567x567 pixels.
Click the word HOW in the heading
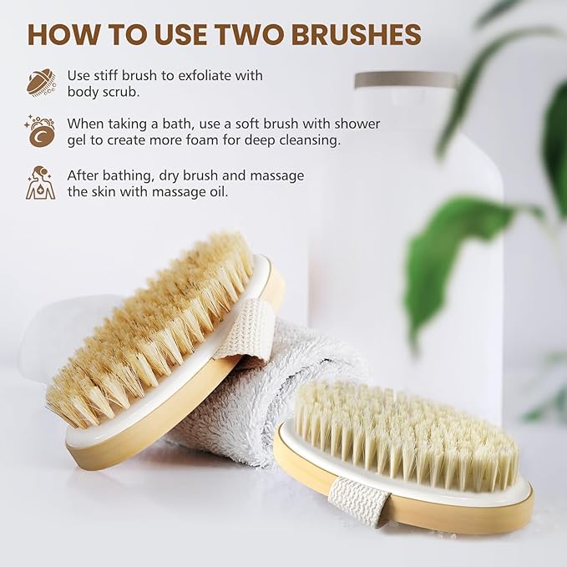click(63, 34)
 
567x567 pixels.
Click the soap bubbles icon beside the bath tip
click(40, 131)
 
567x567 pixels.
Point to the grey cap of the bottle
click(405, 81)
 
